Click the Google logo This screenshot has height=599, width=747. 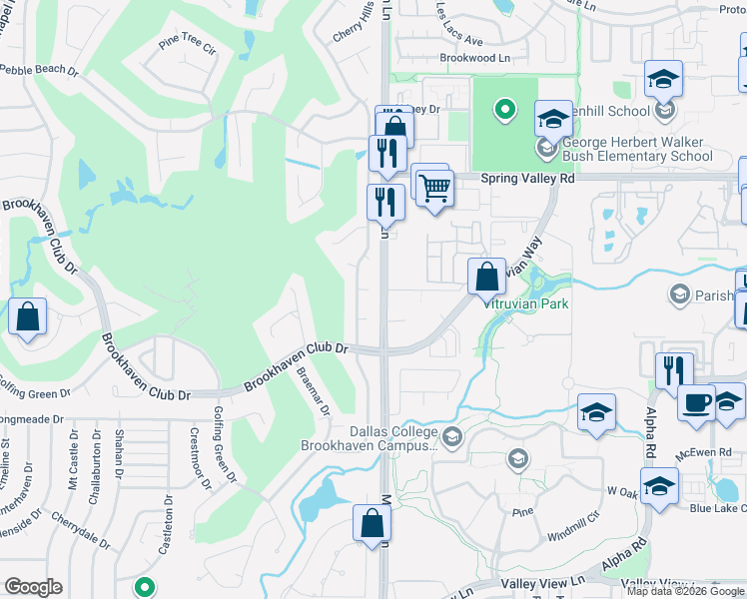pyautogui.click(x=34, y=587)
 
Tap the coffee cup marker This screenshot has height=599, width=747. pyautogui.click(x=696, y=403)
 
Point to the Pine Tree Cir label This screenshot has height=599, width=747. pyautogui.click(x=187, y=46)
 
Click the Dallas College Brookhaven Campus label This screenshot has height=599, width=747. pyautogui.click(x=393, y=439)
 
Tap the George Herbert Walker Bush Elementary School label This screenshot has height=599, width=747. pyautogui.click(x=637, y=149)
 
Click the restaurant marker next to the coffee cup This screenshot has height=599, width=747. pyautogui.click(x=675, y=370)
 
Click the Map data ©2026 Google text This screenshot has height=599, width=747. pyautogui.click(x=685, y=591)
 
